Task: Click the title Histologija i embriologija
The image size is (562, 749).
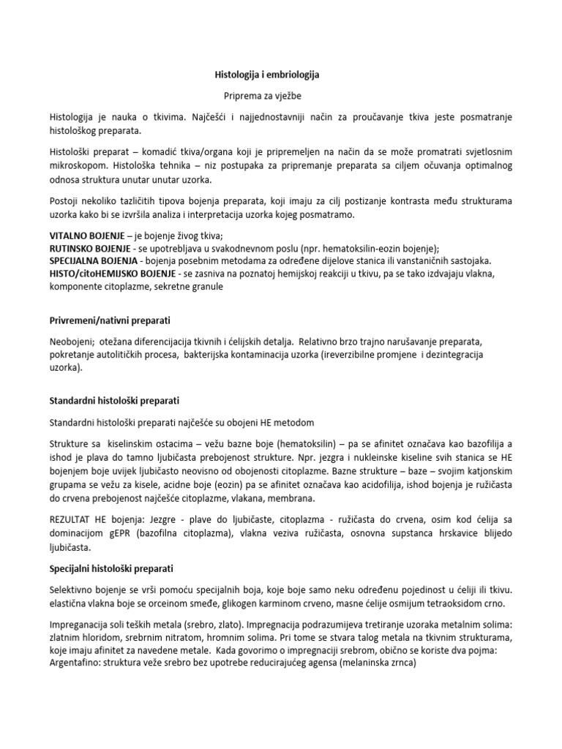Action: click(x=266, y=75)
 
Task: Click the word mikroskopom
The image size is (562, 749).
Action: click(x=80, y=166)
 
